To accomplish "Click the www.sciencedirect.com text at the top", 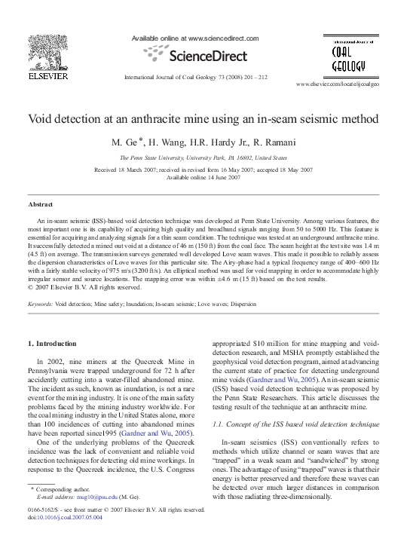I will pos(222,38).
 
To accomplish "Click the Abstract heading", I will pos(41,204).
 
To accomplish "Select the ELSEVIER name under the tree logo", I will pos(38,75).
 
